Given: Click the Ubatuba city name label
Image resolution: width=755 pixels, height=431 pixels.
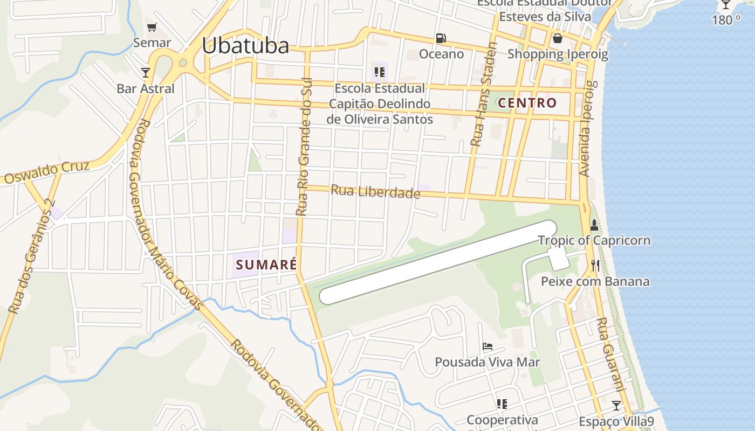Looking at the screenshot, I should tap(245, 46).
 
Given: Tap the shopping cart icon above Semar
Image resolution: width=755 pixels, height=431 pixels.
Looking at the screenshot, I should tap(152, 27).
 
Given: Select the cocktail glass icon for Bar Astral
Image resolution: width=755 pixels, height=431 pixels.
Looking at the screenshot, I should tap(145, 72).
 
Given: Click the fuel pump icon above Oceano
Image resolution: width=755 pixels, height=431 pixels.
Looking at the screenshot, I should tap(441, 38).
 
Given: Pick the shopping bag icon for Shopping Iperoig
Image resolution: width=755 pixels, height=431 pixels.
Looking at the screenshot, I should tap(557, 38).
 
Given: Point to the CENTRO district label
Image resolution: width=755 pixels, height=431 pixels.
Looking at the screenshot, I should tap(527, 103).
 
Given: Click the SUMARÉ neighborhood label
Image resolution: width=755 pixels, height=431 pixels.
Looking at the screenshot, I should tap(266, 265).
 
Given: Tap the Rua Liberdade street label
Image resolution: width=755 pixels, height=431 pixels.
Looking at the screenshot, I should tap(375, 191).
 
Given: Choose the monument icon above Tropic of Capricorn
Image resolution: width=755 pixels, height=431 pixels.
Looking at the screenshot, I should tap(594, 225).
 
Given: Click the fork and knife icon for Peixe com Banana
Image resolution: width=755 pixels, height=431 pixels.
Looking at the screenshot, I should tap(595, 265).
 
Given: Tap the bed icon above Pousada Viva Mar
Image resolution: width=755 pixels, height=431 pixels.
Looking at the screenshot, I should tap(488, 346).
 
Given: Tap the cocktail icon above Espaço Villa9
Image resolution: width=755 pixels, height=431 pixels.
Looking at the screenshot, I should tap(616, 405).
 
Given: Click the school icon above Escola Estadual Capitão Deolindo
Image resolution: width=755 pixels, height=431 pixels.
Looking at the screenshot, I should tap(380, 72).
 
